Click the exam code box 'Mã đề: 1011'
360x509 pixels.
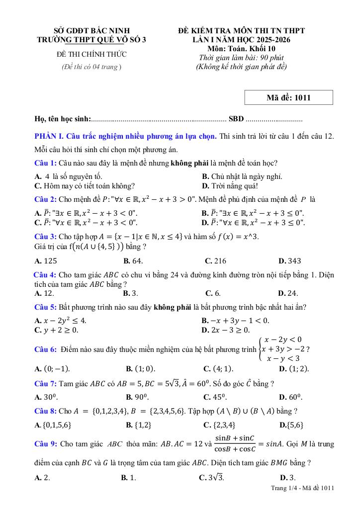(288, 97)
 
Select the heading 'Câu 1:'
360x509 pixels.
(45, 163)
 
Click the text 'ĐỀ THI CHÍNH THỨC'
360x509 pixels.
(92, 54)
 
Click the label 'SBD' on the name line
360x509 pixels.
(236, 119)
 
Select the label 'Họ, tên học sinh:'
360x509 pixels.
(63, 119)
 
